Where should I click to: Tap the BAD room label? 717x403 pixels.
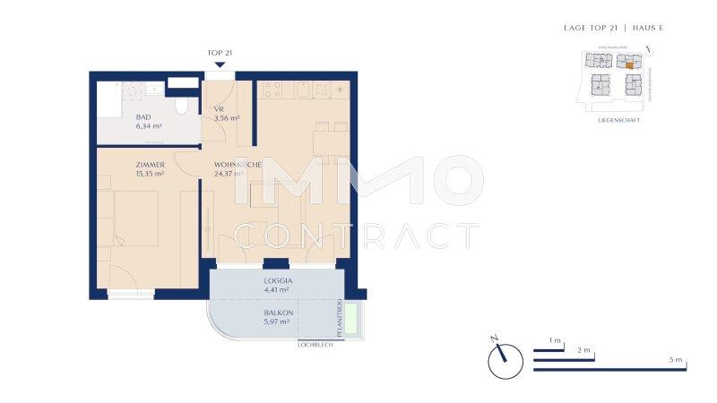[143, 117]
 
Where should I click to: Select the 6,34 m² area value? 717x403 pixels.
[149, 126]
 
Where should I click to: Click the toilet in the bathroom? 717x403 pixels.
[182, 107]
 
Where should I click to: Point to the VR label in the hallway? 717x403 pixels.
[218, 109]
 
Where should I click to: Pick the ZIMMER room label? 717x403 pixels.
[150, 166]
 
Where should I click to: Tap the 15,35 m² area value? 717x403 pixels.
[150, 175]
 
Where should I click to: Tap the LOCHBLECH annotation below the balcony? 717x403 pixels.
[315, 344]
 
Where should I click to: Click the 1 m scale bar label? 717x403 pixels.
[555, 341]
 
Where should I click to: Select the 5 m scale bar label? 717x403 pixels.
[675, 359]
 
